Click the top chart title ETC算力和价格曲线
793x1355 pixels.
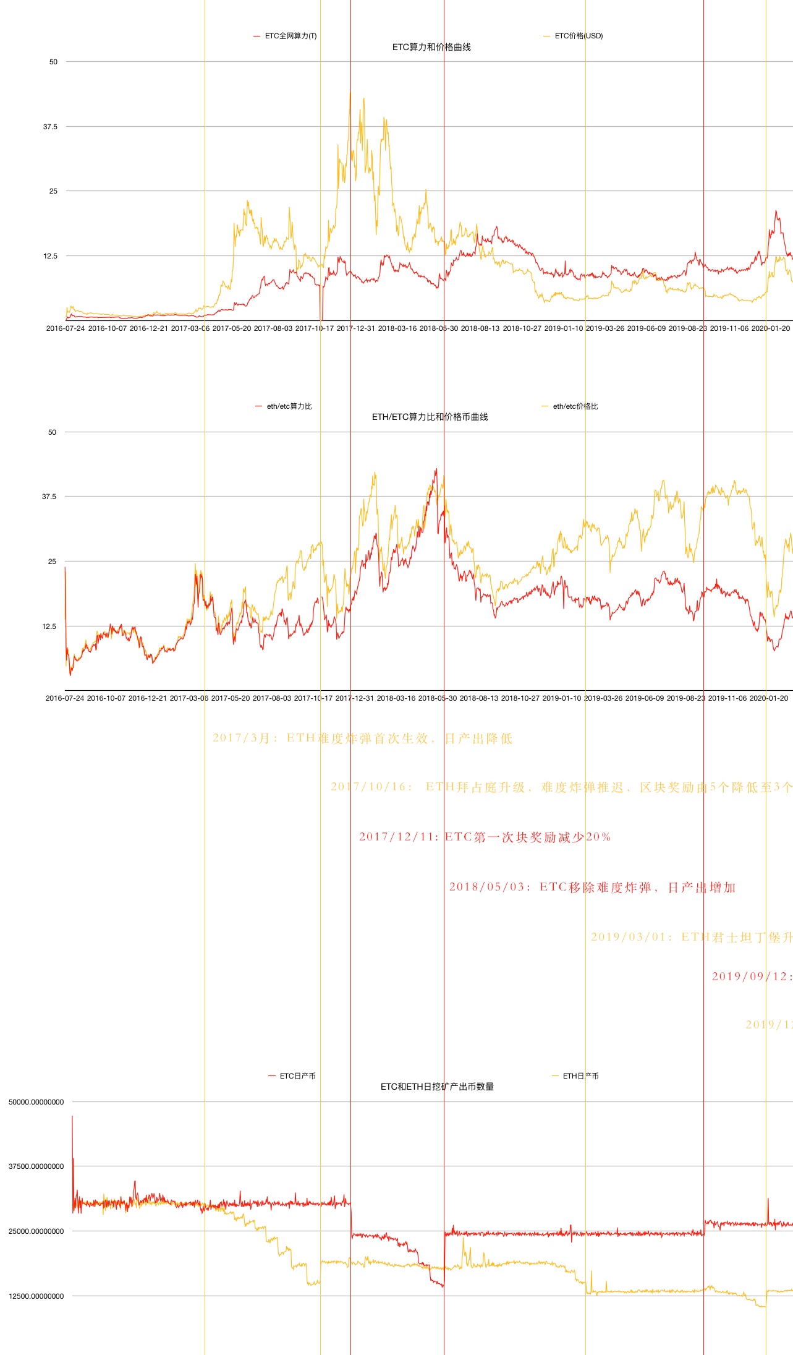[x=431, y=47]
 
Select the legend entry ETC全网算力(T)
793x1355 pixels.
[x=290, y=36]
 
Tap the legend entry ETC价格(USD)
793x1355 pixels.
[x=578, y=36]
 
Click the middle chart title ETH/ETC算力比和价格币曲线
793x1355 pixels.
[x=430, y=417]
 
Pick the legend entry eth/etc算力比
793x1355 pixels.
[x=289, y=406]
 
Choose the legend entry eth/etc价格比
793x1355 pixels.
[x=575, y=406]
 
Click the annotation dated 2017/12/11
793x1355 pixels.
[x=485, y=837]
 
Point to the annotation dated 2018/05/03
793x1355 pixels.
[x=592, y=887]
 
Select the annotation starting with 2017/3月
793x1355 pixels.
[x=362, y=738]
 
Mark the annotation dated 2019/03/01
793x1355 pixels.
[x=691, y=937]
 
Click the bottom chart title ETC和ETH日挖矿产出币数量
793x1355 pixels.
[x=437, y=1087]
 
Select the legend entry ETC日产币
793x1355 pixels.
[x=297, y=1076]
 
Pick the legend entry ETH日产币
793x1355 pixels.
[x=580, y=1076]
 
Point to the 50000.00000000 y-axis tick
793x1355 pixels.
[x=36, y=1102]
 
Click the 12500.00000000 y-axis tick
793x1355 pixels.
[x=36, y=1296]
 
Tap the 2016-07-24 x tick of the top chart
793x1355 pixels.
[x=66, y=328]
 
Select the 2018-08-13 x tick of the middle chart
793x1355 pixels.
[x=479, y=698]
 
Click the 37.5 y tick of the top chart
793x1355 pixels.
[x=50, y=127]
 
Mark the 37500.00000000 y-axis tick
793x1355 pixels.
[x=36, y=1166]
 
